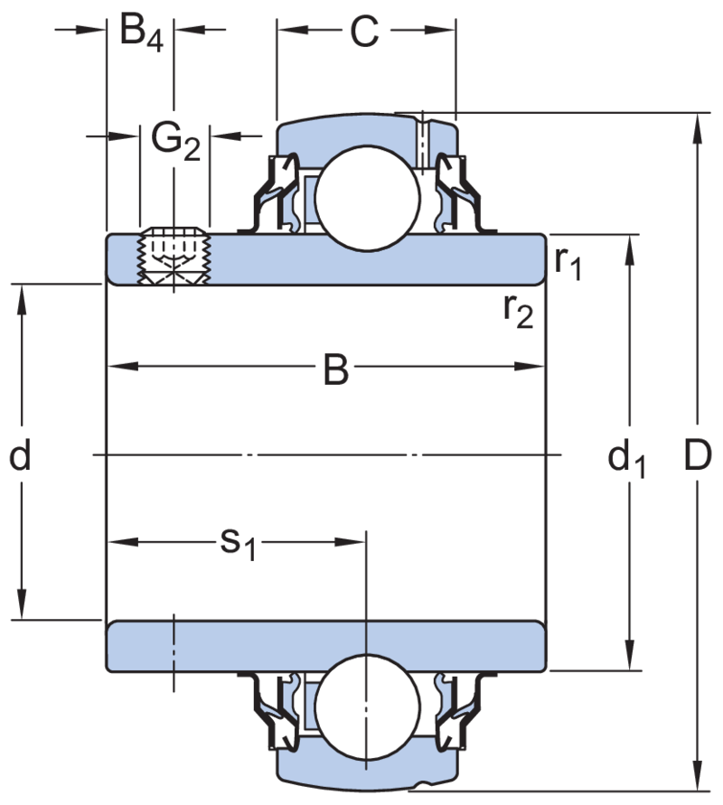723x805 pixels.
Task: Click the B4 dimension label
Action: tap(141, 33)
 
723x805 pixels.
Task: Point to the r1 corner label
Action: tap(568, 263)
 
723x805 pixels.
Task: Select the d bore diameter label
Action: tap(20, 456)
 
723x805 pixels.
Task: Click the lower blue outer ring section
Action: tap(361, 767)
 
